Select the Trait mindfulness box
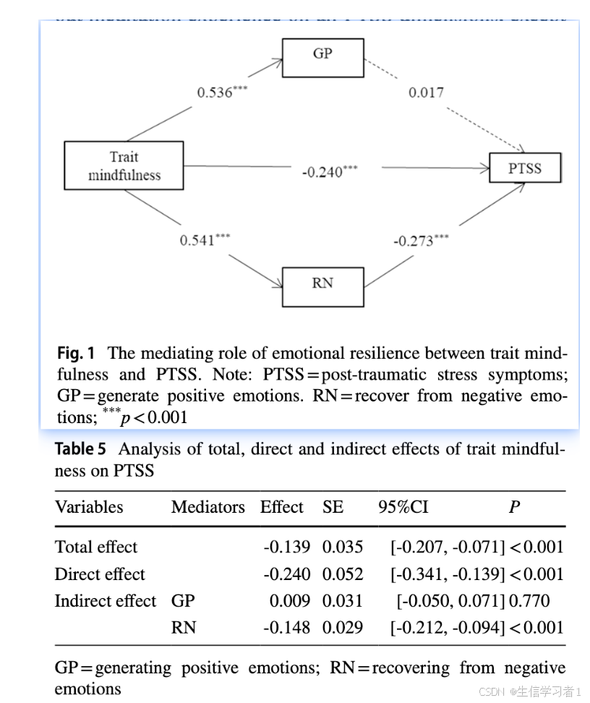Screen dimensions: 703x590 tap(124, 166)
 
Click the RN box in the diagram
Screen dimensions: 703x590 tap(322, 283)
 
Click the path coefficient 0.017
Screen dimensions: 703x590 tap(426, 93)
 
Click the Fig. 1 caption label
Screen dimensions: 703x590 tap(76, 354)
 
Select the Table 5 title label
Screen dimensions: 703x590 tap(85, 449)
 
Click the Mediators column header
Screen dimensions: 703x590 tap(208, 507)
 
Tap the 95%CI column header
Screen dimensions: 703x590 tap(403, 507)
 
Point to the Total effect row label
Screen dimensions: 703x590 tap(95, 547)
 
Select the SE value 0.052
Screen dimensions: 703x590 tap(343, 574)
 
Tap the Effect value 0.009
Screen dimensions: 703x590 tap(290, 601)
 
